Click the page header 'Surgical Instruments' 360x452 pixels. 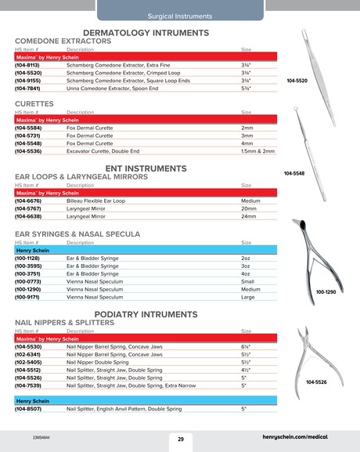[179, 16]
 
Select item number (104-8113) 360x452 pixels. [30, 66]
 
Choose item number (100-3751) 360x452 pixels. [30, 273]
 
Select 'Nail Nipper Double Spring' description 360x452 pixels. [97, 363]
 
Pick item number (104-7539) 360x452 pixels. [30, 385]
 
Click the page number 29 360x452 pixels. [180, 439]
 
